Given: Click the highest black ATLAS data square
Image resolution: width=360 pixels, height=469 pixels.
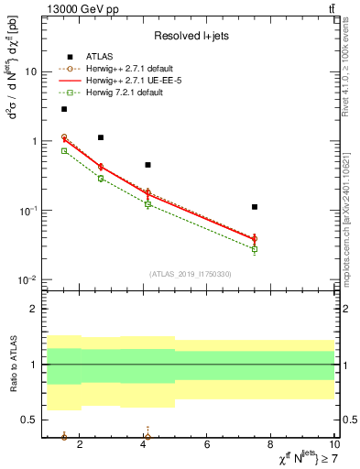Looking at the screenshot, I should point(64,109).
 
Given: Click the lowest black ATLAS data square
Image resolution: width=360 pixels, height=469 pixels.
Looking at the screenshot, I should point(255,207).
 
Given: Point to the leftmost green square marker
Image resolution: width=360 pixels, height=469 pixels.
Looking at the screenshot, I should point(64,150).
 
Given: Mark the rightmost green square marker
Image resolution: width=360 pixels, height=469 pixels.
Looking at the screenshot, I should point(255,249).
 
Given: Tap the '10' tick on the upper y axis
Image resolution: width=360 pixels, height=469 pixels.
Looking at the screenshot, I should point(31,71).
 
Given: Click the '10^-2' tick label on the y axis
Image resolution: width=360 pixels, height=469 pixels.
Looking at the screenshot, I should point(27,279).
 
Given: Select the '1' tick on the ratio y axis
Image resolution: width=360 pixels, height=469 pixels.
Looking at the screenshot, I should point(34,365).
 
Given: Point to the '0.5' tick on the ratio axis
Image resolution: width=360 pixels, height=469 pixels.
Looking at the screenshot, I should point(29,420).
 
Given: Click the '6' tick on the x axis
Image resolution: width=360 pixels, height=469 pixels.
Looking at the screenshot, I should point(208,445).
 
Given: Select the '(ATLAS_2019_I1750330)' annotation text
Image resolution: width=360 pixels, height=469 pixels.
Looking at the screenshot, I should point(190,274).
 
